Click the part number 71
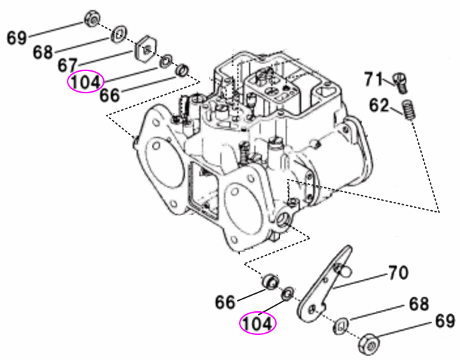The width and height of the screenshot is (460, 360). pyautogui.click(x=375, y=78)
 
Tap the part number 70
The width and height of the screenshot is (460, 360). pyautogui.click(x=397, y=273)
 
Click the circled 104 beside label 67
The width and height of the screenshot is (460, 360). pyautogui.click(x=85, y=83)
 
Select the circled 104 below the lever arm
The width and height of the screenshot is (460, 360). pyautogui.click(x=258, y=323)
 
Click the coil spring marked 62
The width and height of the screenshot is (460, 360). pyautogui.click(x=410, y=110)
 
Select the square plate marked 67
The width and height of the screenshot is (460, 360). pyautogui.click(x=145, y=49)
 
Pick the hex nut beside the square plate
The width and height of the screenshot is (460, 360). pyautogui.click(x=91, y=19)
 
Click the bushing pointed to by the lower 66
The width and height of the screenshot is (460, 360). pyautogui.click(x=268, y=283)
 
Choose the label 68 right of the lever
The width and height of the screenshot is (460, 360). pyautogui.click(x=419, y=304)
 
